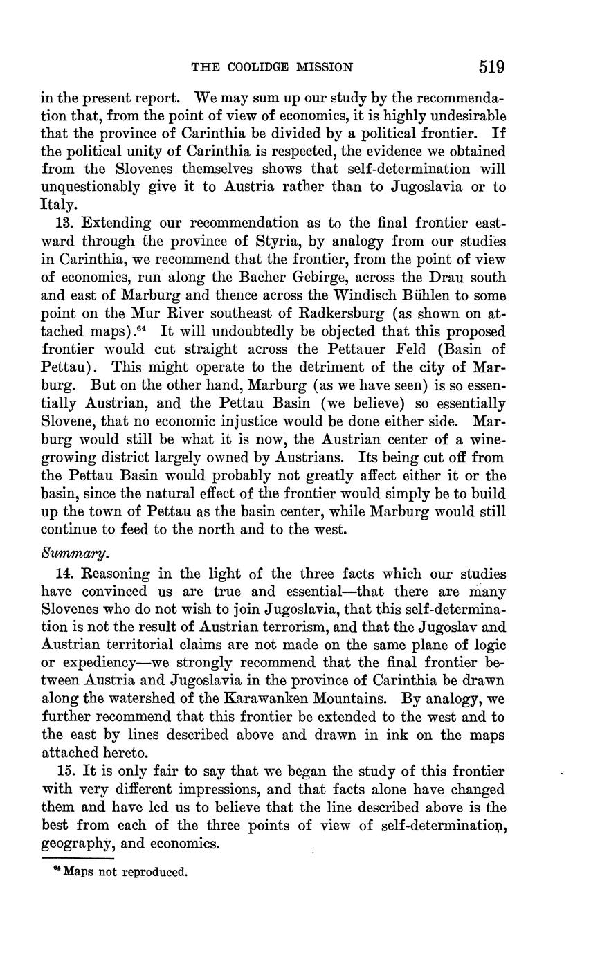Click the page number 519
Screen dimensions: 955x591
tap(491, 67)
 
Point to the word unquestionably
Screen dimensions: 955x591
tap(92, 187)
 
